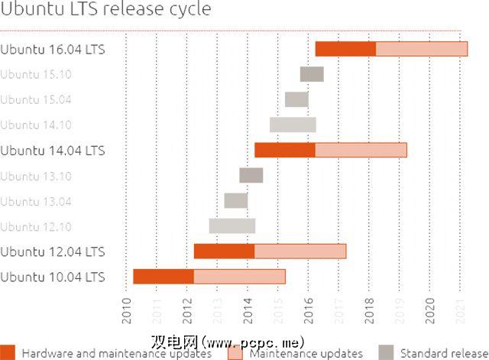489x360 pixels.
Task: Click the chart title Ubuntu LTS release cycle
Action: [x=106, y=10]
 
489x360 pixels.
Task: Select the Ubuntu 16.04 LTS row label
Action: [x=53, y=49]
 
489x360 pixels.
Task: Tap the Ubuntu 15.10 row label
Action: [x=36, y=74]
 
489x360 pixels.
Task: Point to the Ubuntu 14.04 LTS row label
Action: [x=53, y=150]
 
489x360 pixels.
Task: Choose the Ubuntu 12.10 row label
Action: [x=36, y=226]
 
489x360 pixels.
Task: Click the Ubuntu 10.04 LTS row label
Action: [x=53, y=276]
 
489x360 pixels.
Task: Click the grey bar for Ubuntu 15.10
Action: [x=312, y=74]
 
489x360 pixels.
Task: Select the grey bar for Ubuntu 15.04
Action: [x=296, y=99]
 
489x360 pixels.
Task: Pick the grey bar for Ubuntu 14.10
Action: [x=293, y=125]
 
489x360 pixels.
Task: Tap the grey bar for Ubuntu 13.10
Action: [x=251, y=175]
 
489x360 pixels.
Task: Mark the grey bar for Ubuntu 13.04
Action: [x=236, y=200]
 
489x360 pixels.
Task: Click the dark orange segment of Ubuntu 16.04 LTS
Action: [x=345, y=49]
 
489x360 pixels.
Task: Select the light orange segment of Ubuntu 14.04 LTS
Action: [x=361, y=150]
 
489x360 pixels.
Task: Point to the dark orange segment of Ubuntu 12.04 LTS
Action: [x=224, y=251]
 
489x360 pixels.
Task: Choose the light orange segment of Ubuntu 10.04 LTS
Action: [x=239, y=276]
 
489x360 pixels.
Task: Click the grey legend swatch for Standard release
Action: [x=387, y=352]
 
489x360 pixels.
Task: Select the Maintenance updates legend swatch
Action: [x=236, y=352]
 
